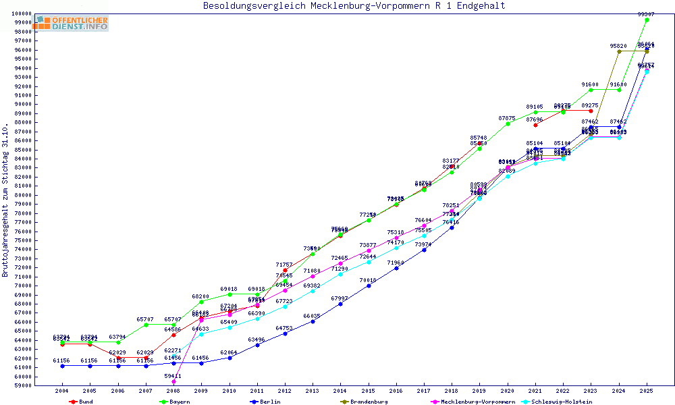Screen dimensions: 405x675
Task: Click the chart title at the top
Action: (x=354, y=6)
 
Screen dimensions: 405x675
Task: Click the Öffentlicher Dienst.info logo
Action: (x=72, y=24)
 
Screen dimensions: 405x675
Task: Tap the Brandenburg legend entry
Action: (x=368, y=402)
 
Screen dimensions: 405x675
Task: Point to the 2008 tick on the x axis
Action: (x=173, y=391)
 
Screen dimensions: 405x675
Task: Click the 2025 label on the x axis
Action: (x=647, y=391)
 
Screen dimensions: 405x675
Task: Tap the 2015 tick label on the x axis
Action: (x=369, y=391)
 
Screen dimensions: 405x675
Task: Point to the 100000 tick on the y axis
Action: (x=22, y=13)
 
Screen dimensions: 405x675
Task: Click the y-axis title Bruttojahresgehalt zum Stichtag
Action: (x=6, y=200)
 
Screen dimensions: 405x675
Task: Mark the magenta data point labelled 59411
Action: (x=173, y=381)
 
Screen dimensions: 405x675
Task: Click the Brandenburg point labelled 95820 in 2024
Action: (x=619, y=51)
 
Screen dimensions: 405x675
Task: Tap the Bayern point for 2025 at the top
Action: (x=647, y=20)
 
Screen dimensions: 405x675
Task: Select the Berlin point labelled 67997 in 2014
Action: (x=340, y=304)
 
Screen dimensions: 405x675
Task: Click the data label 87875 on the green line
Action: (x=507, y=118)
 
